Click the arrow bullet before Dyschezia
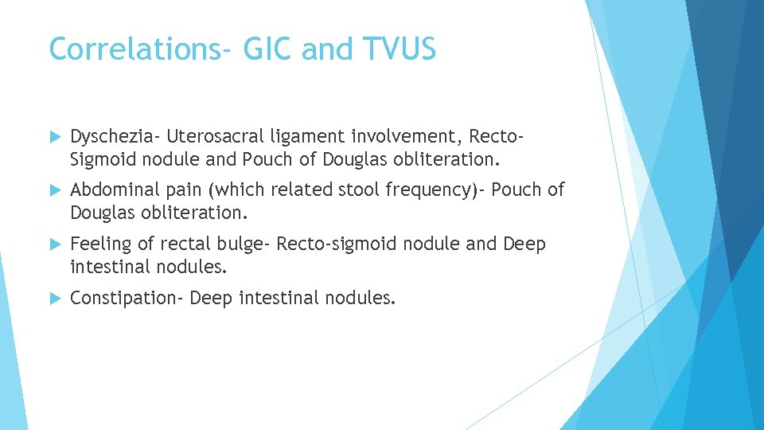(x=54, y=138)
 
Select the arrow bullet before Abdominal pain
(x=54, y=191)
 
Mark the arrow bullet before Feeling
(x=54, y=244)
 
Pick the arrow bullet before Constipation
(x=54, y=299)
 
